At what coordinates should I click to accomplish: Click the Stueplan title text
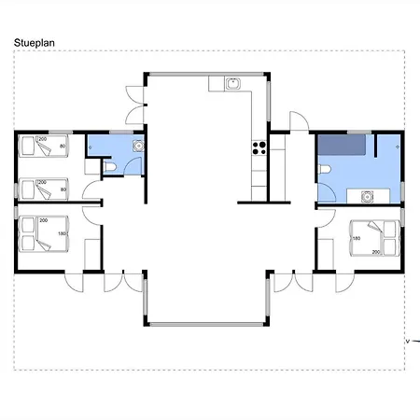pos(35,43)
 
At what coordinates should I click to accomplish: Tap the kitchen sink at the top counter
pos(232,84)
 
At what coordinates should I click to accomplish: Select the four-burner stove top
pos(259,148)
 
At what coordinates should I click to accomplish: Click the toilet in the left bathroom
pos(109,167)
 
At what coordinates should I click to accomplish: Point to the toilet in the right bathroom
pos(325,169)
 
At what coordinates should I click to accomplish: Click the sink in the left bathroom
pos(138,146)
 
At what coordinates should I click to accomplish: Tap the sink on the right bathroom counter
pos(367,197)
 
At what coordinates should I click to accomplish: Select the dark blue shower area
pos(342,145)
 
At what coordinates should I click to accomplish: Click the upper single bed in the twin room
pos(43,146)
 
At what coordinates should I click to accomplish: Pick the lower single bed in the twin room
pos(43,189)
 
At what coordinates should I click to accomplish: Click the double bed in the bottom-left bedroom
pos(44,234)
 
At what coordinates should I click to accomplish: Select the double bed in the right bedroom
pos(375,238)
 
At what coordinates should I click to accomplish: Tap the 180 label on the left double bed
pos(62,233)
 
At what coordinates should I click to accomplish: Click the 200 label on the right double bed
pos(376,252)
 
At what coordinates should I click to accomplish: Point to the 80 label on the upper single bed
pos(63,147)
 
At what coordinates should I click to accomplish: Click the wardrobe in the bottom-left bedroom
pos(92,255)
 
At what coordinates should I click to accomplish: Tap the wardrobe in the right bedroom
pos(326,255)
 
